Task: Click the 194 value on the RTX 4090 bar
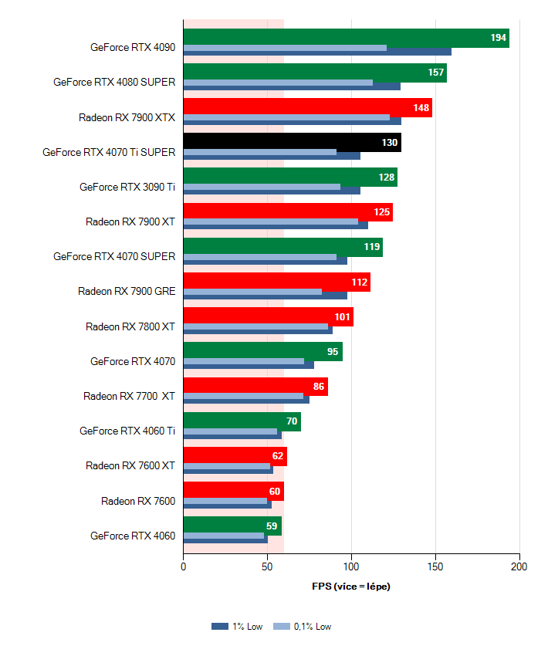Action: point(498,38)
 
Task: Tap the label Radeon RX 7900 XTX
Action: point(127,118)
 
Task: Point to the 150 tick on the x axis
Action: point(435,566)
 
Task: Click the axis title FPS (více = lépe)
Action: point(351,587)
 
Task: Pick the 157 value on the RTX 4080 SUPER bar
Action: point(437,73)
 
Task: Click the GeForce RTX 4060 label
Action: point(133,536)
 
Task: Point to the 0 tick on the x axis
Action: point(183,566)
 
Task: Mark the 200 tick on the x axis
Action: point(519,566)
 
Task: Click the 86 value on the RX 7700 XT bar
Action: point(319,386)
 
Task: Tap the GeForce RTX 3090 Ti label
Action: point(127,187)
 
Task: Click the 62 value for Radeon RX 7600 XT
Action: point(278,455)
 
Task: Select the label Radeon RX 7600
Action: point(138,501)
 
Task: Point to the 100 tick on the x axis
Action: point(351,566)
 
